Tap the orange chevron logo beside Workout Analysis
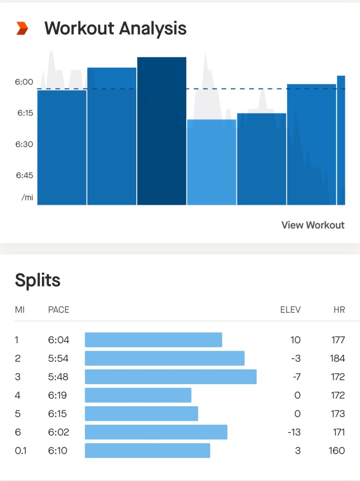22,29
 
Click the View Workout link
313,225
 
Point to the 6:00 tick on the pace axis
24,82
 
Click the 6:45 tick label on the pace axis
24,175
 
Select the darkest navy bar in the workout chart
162,132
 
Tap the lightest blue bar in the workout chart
211,162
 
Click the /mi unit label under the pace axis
27,197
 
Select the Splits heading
38,280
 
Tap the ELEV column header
290,310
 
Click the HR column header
338,310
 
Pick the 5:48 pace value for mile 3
58,377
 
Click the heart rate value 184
337,358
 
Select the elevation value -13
294,432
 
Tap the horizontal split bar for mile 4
138,395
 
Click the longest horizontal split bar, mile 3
171,377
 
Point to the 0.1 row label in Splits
20,450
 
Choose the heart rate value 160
337,450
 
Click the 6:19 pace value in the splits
58,395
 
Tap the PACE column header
59,310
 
